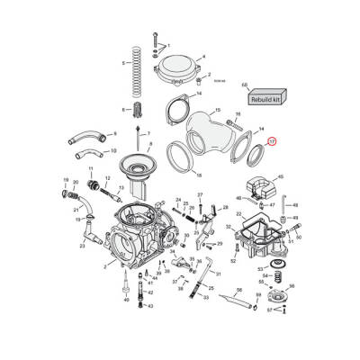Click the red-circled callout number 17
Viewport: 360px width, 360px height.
pos(274,140)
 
